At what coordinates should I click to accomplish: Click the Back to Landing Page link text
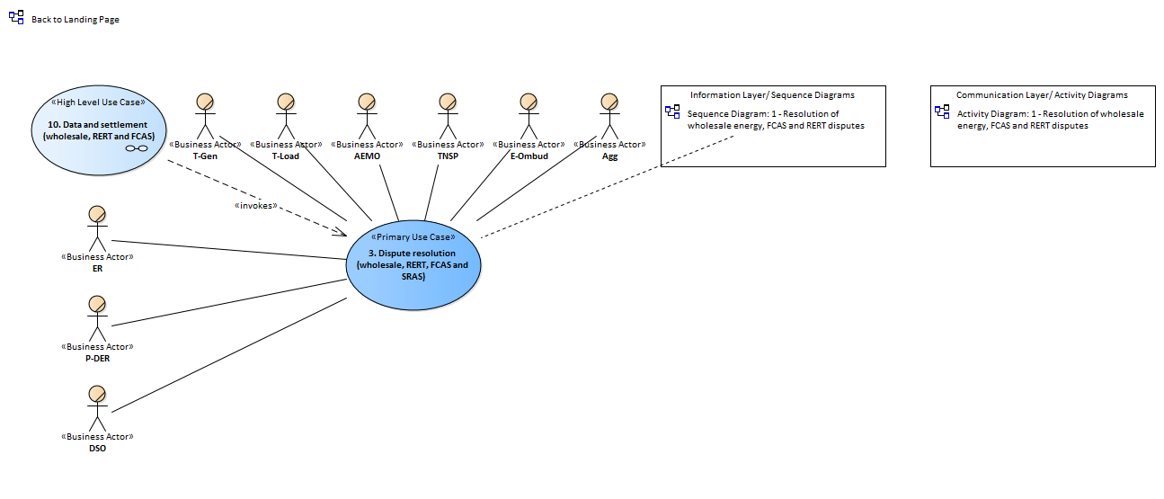coord(76,19)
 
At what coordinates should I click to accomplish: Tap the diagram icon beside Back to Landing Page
coord(16,18)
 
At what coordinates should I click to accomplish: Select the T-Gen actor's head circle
coord(205,102)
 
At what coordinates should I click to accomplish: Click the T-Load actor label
coord(286,156)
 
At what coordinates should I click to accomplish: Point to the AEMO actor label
coord(367,156)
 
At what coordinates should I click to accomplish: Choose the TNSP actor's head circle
coord(448,102)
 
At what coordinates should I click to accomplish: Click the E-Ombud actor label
coord(529,156)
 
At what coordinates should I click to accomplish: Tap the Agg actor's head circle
coord(609,102)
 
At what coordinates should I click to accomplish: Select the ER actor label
coord(97,268)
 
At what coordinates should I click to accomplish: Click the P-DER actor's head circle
coord(97,304)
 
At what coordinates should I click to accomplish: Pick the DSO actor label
coord(97,448)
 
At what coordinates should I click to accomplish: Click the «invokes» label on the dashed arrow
coord(256,205)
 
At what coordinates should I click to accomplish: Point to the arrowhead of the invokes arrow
coord(346,236)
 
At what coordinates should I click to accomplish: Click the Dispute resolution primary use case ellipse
coord(413,265)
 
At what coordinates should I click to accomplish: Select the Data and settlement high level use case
coord(99,130)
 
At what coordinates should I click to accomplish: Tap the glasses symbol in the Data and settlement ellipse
coord(137,148)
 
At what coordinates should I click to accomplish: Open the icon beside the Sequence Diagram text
coord(672,111)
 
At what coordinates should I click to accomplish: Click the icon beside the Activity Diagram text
coord(942,111)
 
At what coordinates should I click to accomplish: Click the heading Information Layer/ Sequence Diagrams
coord(772,95)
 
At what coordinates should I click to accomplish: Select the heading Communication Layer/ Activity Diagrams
coord(1042,95)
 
